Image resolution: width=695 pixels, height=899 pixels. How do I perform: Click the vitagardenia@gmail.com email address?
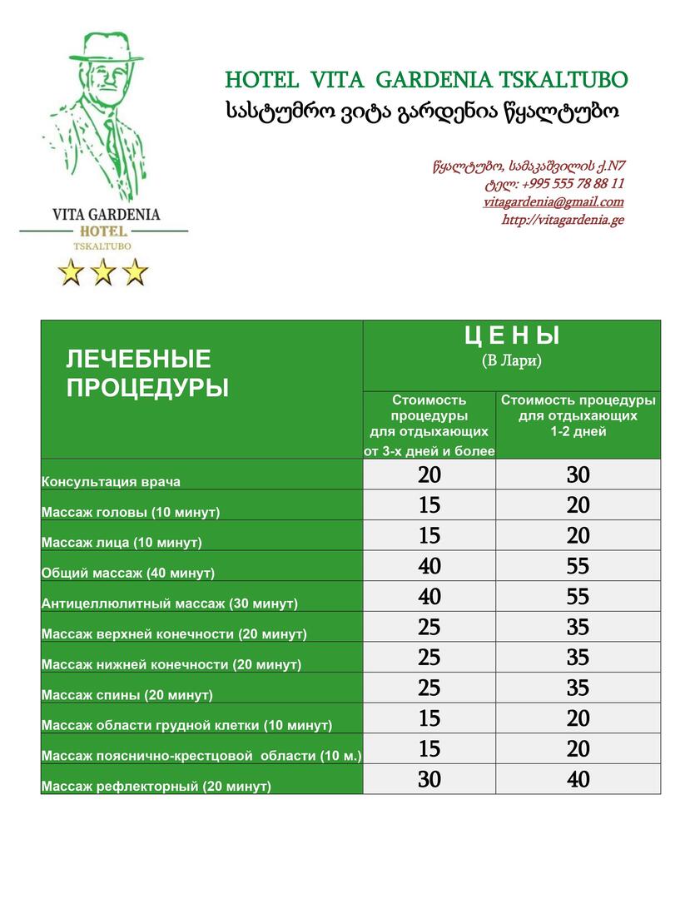pyautogui.click(x=553, y=202)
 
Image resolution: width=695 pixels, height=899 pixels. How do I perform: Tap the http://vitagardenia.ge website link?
pyautogui.click(x=562, y=221)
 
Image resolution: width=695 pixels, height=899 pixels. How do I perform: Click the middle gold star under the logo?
pyautogui.click(x=103, y=271)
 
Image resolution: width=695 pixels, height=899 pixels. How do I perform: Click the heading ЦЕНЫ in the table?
pyautogui.click(x=511, y=336)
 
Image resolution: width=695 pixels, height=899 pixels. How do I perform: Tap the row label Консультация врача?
pyautogui.click(x=111, y=482)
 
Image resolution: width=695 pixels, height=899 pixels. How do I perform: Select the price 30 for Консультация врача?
pyautogui.click(x=578, y=474)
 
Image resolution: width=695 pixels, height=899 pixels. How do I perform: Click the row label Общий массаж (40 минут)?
pyautogui.click(x=128, y=574)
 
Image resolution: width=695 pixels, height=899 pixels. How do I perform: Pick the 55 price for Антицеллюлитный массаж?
pyautogui.click(x=578, y=597)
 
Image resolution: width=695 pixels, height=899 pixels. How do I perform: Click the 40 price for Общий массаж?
pyautogui.click(x=429, y=566)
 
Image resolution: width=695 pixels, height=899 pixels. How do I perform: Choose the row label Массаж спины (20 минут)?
pyautogui.click(x=127, y=695)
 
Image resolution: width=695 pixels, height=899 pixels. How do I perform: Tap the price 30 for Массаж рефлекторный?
pyautogui.click(x=429, y=779)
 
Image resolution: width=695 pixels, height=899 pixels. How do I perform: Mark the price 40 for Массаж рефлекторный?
pyautogui.click(x=578, y=779)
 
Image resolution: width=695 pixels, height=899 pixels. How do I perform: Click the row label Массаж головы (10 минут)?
pyautogui.click(x=131, y=512)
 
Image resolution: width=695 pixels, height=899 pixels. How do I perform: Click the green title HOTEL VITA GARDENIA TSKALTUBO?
pyautogui.click(x=426, y=80)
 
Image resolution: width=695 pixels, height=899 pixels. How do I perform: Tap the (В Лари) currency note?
pyautogui.click(x=511, y=361)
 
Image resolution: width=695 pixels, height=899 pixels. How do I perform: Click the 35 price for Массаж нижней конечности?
pyautogui.click(x=578, y=658)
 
